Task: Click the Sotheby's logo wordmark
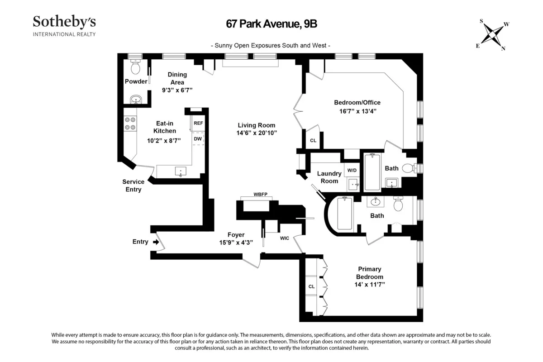[64, 22]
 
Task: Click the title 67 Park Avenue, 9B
[271, 24]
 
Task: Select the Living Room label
[257, 125]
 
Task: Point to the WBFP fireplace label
[260, 194]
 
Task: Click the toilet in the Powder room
[135, 68]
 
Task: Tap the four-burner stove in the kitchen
[130, 124]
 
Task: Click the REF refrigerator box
[198, 123]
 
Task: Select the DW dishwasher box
[198, 139]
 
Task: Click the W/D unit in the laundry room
[351, 170]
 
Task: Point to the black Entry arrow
[156, 242]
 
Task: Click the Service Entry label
[133, 186]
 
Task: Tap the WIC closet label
[285, 238]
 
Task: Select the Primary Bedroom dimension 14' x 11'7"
[371, 285]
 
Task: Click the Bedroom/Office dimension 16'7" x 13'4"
[355, 110]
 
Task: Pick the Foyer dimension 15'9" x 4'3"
[236, 243]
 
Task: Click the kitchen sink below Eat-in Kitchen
[180, 171]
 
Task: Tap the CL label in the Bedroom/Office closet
[313, 140]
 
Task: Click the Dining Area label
[177, 78]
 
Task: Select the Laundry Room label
[329, 177]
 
